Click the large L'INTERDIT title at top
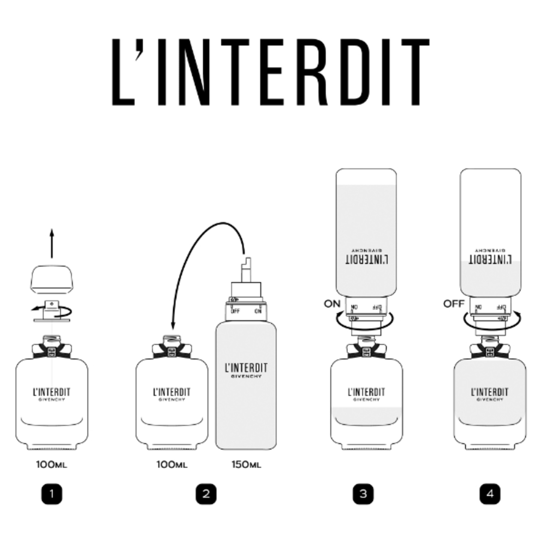click(x=271, y=72)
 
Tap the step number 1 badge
click(x=52, y=494)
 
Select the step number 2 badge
click(x=206, y=494)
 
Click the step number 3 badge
click(x=363, y=494)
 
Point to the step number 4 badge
click(x=490, y=494)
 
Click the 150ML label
click(x=246, y=465)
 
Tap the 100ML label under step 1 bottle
click(x=52, y=465)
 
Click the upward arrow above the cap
click(x=52, y=243)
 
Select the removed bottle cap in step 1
click(x=52, y=279)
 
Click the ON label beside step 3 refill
click(x=332, y=304)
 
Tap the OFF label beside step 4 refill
click(x=453, y=304)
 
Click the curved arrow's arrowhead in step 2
click(x=173, y=327)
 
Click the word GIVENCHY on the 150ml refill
click(x=246, y=376)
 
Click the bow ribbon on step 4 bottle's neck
click(x=490, y=351)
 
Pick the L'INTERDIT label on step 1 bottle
click(x=52, y=392)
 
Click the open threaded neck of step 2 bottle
click(x=172, y=339)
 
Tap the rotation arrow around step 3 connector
click(x=364, y=325)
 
